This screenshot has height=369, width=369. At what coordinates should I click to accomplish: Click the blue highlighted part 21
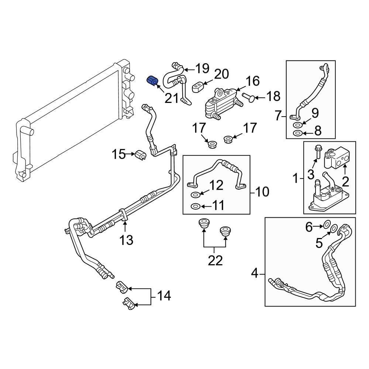(152, 81)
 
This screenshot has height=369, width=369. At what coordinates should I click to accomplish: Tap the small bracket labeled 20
(198, 87)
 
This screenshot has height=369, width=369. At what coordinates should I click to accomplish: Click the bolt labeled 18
(248, 97)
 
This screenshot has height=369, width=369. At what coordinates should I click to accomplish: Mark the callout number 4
(255, 273)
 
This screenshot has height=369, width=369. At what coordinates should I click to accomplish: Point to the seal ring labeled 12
(195, 194)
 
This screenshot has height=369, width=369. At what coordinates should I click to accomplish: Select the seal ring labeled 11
(195, 206)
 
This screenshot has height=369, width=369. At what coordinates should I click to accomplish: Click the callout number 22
(215, 261)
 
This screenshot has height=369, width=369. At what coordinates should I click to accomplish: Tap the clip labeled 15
(141, 155)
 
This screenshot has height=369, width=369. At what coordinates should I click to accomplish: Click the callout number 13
(126, 241)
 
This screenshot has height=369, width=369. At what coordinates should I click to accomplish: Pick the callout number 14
(164, 296)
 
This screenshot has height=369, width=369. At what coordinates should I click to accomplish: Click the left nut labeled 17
(212, 144)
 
